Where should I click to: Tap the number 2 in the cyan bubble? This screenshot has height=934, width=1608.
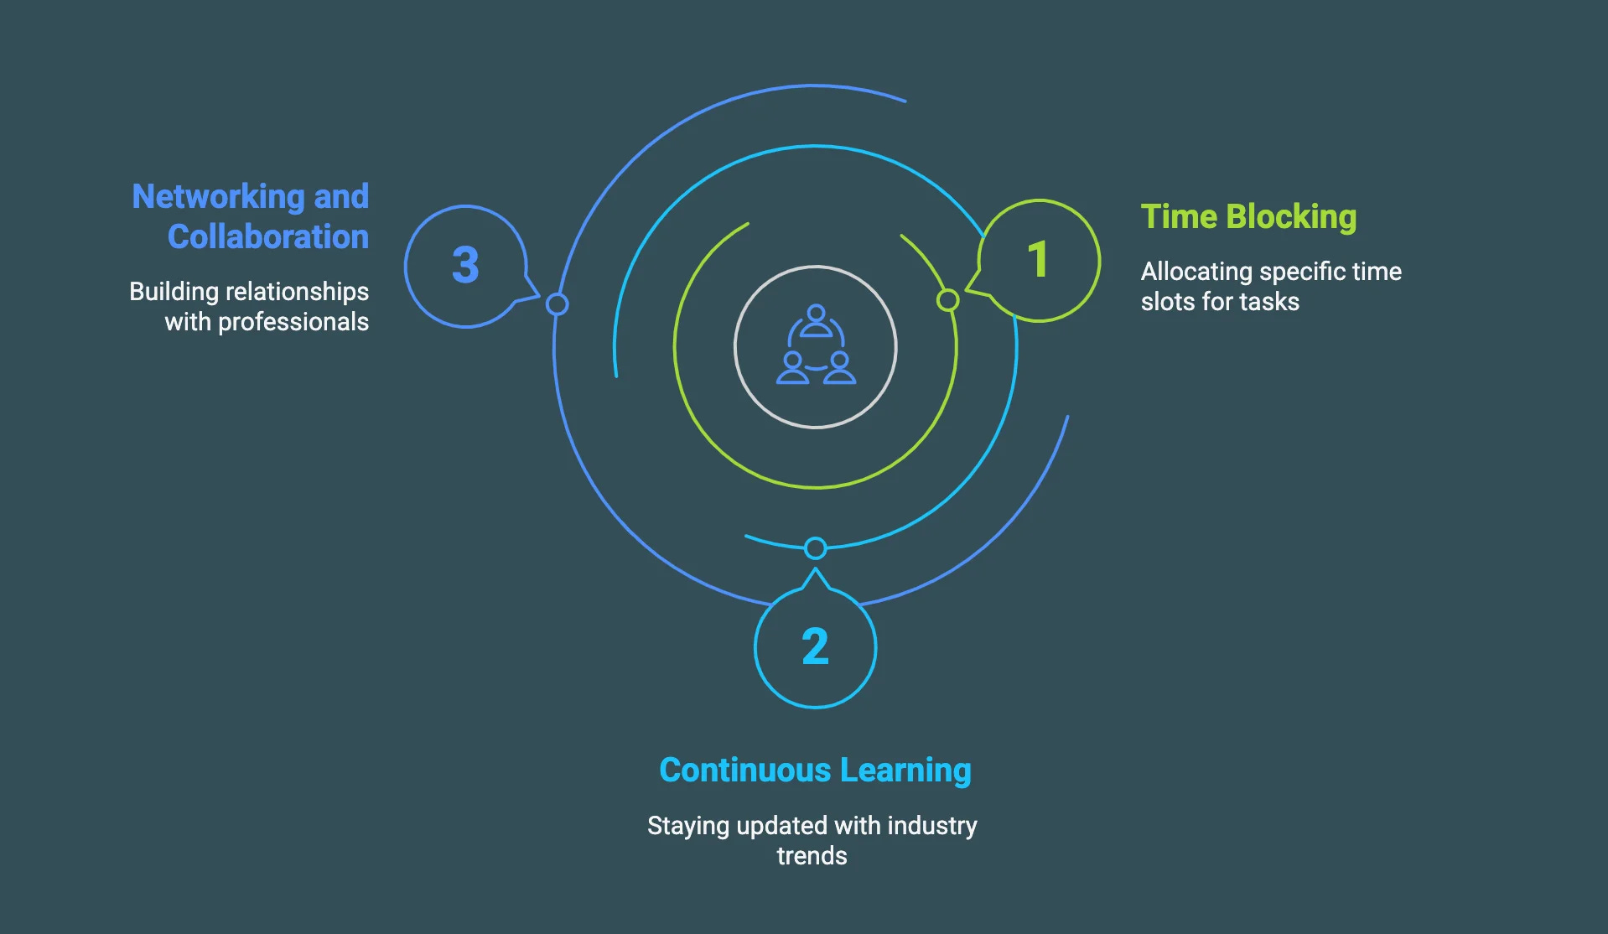click(x=815, y=646)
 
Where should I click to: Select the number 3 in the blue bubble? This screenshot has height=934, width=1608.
click(x=465, y=265)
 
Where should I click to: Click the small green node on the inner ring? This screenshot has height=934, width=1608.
click(x=947, y=299)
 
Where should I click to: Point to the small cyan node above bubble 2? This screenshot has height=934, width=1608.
click(x=815, y=548)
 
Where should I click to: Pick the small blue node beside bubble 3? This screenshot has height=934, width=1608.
click(x=557, y=304)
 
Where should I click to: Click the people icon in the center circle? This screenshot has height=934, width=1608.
click(x=816, y=346)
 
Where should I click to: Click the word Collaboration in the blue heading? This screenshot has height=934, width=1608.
click(x=267, y=237)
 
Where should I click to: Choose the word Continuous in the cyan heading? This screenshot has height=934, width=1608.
click(x=744, y=771)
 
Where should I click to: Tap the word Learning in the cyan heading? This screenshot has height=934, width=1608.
click(x=905, y=771)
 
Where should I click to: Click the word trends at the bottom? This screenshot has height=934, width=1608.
click(x=812, y=856)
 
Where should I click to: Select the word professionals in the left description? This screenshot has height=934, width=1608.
click(x=293, y=322)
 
